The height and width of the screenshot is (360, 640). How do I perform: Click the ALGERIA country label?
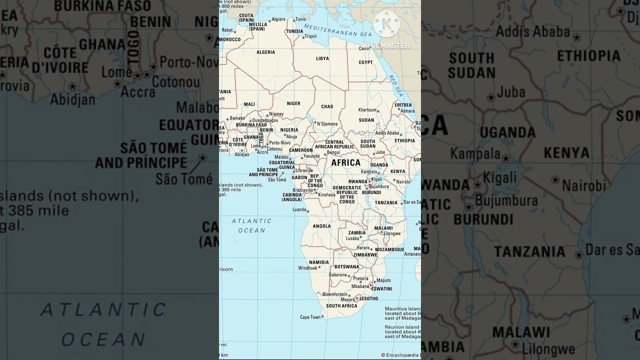265,52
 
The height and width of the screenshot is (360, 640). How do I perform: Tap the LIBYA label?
322,58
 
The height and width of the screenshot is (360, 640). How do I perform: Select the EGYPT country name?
365,62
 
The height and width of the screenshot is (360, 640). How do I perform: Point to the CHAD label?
327,106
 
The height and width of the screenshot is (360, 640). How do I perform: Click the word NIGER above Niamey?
293,103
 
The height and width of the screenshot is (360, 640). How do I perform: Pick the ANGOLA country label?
321,226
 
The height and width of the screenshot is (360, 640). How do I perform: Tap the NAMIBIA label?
319,262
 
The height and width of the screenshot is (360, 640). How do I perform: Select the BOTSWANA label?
347,266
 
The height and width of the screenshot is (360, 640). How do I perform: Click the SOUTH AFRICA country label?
341,306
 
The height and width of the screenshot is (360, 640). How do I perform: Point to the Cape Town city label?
310,317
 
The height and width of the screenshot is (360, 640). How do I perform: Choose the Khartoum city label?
367,110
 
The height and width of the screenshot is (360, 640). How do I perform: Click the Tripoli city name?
310,36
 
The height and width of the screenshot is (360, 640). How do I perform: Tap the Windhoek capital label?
307,268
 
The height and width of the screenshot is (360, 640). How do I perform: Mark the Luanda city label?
299,209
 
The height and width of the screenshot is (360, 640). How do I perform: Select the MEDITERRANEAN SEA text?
338,30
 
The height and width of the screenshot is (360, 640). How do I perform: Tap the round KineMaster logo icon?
386,23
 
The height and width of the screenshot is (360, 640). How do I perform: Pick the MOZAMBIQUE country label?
389,249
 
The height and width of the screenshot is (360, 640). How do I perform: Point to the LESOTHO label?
368,298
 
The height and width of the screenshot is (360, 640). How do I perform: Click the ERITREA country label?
403,105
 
